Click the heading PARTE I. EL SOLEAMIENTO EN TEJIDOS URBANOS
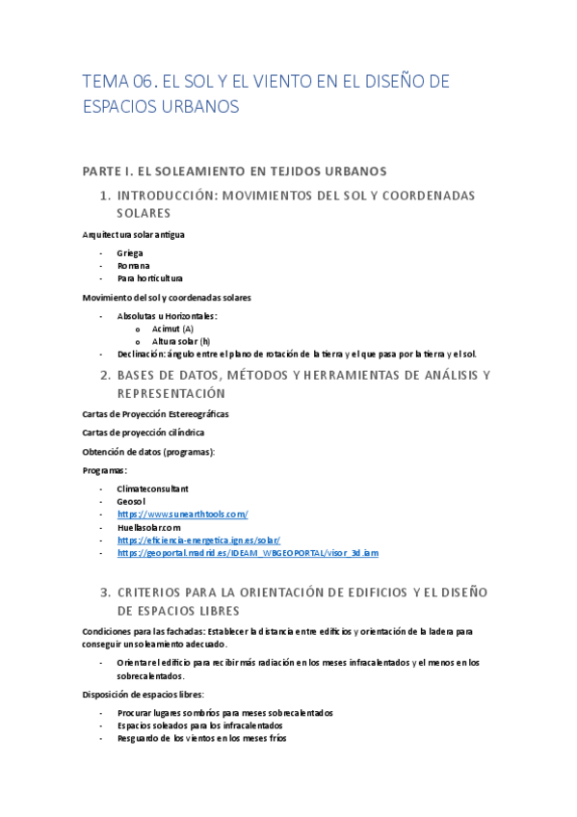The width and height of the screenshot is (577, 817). [235, 171]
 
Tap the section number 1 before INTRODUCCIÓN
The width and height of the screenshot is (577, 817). [105, 196]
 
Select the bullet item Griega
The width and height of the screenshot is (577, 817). [130, 253]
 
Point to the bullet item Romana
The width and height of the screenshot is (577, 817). [133, 265]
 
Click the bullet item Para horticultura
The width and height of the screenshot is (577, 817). [150, 277]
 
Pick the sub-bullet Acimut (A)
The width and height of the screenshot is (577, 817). [172, 329]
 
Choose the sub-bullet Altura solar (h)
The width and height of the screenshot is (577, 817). [181, 341]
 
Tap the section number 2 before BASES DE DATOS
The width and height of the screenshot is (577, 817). [105, 375]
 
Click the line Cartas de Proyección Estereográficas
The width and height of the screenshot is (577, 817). [155, 413]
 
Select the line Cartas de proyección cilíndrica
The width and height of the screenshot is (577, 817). [143, 433]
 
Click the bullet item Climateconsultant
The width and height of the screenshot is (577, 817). [152, 489]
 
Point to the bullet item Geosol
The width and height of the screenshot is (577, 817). [131, 502]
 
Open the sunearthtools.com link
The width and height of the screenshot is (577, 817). [183, 514]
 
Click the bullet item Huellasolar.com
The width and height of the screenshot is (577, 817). [149, 527]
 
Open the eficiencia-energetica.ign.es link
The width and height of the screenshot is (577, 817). [198, 540]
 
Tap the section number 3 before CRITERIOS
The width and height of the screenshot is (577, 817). [105, 592]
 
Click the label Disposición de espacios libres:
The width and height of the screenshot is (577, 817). [144, 694]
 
